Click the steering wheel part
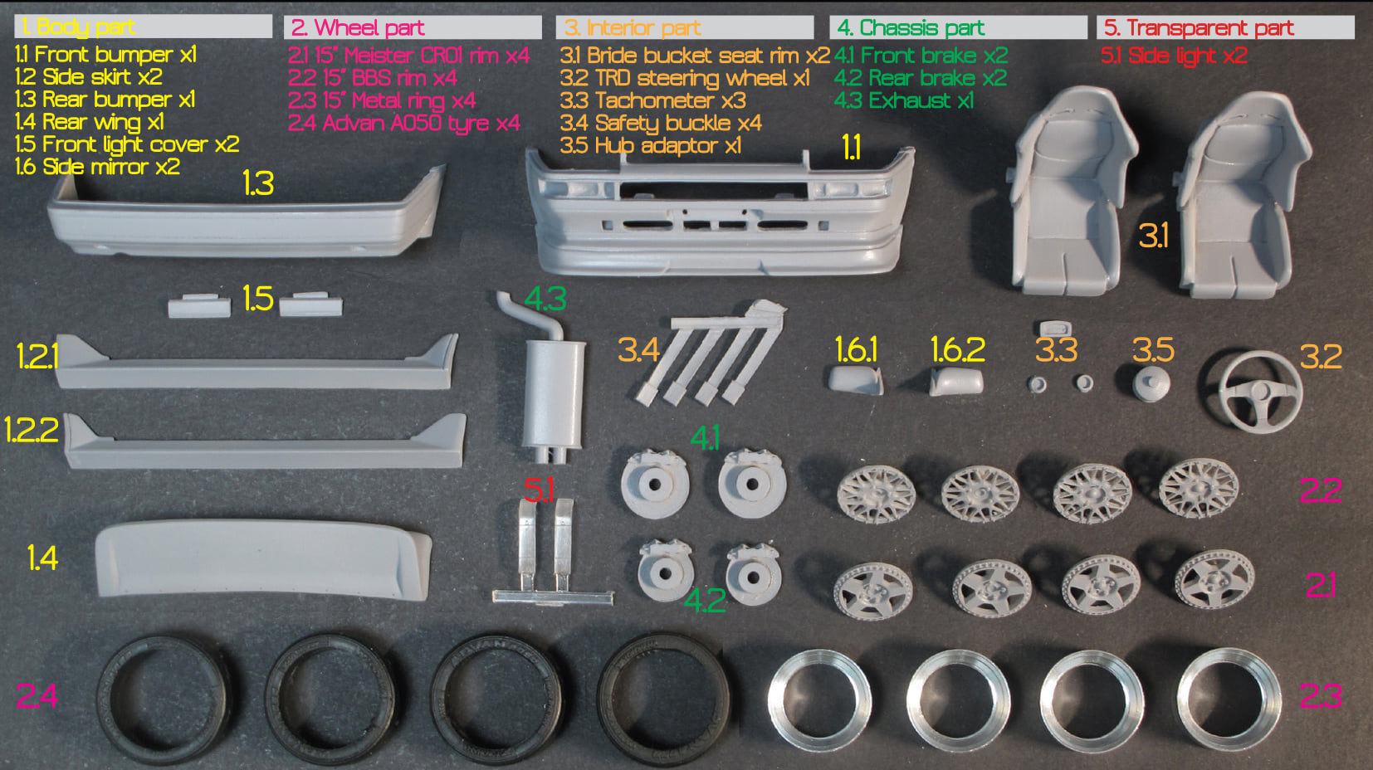(1258, 368)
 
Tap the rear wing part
(263, 558)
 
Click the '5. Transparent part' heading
(1199, 27)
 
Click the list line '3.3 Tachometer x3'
(652, 100)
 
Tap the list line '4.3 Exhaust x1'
(903, 100)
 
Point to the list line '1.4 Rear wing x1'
(90, 122)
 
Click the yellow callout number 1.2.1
(37, 357)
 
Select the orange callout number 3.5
(1153, 350)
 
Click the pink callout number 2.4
(37, 696)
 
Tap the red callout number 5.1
(539, 490)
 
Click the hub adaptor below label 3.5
(1151, 383)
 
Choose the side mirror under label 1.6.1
(856, 380)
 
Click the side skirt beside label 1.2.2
(265, 442)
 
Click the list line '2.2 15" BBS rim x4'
(373, 78)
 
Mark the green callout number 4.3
(545, 300)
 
